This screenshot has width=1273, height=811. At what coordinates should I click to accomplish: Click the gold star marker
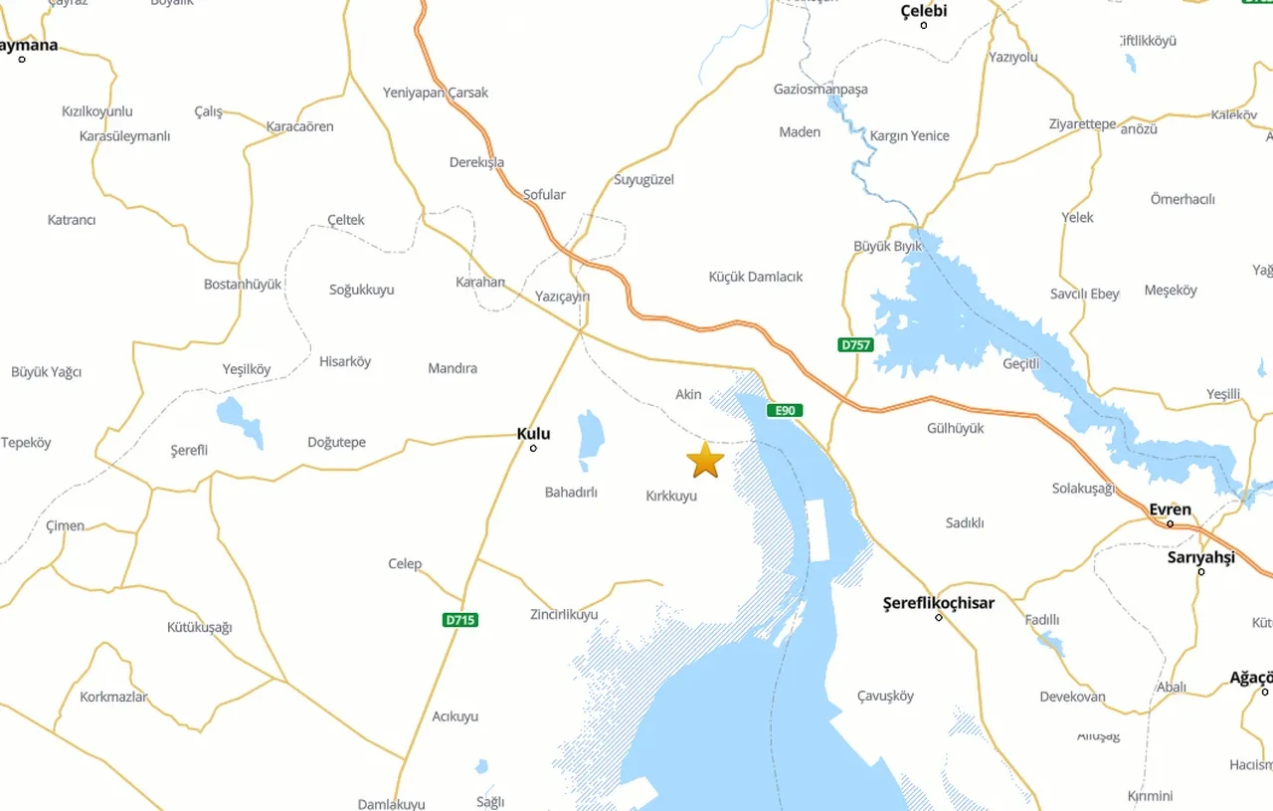coord(705,460)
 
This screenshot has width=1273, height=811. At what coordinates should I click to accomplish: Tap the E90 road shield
coord(784,410)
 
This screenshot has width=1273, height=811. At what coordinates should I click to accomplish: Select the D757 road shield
coord(855,345)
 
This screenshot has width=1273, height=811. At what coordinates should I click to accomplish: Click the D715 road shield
coord(460,620)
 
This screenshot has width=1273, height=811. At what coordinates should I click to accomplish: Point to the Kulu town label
coord(533,434)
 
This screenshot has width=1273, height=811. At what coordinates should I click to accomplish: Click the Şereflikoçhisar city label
coord(939,602)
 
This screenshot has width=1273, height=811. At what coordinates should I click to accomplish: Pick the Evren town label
coord(1170,509)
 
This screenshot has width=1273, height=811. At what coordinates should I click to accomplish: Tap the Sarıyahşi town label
coord(1200,557)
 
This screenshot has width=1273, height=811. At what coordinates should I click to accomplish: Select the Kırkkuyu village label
coord(671,496)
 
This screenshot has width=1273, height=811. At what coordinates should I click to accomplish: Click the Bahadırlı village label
coord(571,492)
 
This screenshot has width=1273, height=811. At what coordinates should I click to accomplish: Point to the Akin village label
coord(688,394)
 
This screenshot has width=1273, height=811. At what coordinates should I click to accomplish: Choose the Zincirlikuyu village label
coord(564,614)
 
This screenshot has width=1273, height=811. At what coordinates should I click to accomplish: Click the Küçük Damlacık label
coord(756,277)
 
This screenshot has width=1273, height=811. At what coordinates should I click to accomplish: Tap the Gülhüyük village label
coord(955,428)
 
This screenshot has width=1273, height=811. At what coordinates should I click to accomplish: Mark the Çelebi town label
coord(923,11)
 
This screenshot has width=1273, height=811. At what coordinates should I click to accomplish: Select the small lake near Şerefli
coord(240,420)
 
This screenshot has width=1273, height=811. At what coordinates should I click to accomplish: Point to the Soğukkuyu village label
coord(361,290)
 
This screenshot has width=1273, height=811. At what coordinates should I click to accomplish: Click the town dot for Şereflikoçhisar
coord(939,618)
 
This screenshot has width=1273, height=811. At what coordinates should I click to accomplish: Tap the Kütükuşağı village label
coord(199,627)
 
